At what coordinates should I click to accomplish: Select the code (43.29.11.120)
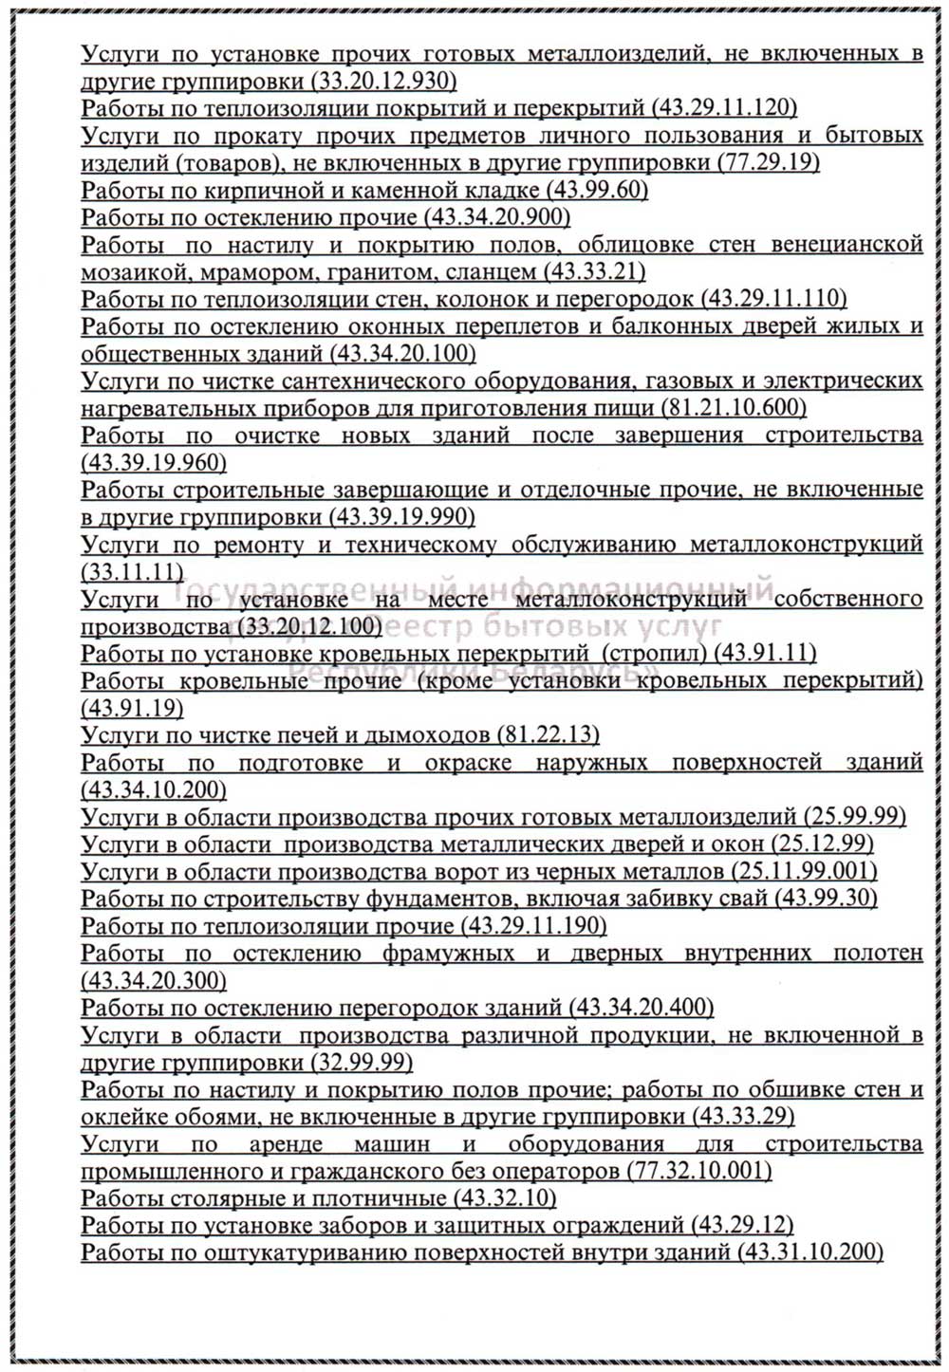coord(724,107)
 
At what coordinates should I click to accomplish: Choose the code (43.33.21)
coord(594,272)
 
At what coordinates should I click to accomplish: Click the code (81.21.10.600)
coord(731,408)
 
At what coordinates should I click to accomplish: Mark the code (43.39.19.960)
coord(154,463)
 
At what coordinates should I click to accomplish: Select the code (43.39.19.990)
coord(400,518)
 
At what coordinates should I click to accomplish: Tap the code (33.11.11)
coord(132,572)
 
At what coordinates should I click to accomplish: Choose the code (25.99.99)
coord(854,817)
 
